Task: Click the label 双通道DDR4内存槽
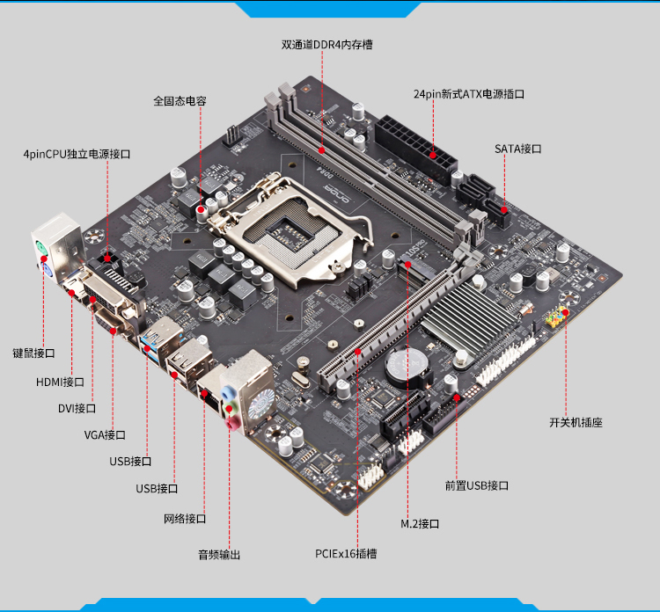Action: pyautogui.click(x=327, y=45)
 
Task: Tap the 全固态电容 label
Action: pyautogui.click(x=180, y=101)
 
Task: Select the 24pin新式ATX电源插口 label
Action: pyautogui.click(x=469, y=94)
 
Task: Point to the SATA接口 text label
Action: pyautogui.click(x=518, y=149)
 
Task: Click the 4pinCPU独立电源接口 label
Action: pyautogui.click(x=77, y=155)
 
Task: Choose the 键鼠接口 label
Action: pyautogui.click(x=33, y=353)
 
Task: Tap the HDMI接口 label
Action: pyautogui.click(x=60, y=382)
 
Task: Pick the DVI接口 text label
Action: pyautogui.click(x=77, y=408)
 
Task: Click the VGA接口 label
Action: pyautogui.click(x=105, y=435)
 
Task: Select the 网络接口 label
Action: pyautogui.click(x=185, y=519)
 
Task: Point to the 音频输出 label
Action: pyautogui.click(x=219, y=555)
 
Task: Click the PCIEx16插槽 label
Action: pyautogui.click(x=346, y=554)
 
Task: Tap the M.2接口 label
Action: pyautogui.click(x=420, y=524)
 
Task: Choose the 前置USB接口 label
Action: pyautogui.click(x=477, y=485)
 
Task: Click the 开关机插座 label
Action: pyautogui.click(x=576, y=423)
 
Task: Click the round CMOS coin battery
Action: pyautogui.click(x=407, y=367)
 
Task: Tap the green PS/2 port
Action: pyautogui.click(x=40, y=247)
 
